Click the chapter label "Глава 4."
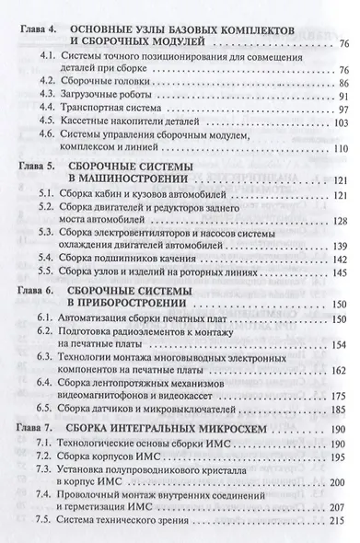coord(35,32)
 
